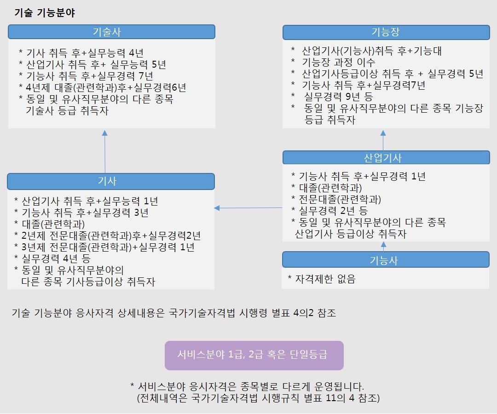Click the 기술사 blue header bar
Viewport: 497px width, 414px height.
click(x=111, y=32)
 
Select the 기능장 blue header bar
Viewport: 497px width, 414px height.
click(x=386, y=32)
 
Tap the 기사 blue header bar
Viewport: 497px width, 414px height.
click(x=111, y=181)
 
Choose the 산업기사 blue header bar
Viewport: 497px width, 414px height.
click(x=386, y=157)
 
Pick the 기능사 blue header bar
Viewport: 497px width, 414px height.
click(x=386, y=260)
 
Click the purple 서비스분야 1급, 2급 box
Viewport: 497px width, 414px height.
click(x=254, y=356)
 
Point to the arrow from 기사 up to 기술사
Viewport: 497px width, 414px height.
click(x=105, y=151)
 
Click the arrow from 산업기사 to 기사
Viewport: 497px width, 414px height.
click(x=248, y=208)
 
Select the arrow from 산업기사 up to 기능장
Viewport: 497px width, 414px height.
click(x=383, y=140)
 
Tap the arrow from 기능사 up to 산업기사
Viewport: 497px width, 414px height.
click(x=383, y=247)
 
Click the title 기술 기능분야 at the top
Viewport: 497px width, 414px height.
click(x=45, y=13)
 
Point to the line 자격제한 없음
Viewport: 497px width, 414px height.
click(x=322, y=279)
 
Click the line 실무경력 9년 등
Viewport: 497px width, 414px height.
click(x=332, y=96)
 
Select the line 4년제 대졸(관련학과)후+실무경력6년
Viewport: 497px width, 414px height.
click(x=103, y=87)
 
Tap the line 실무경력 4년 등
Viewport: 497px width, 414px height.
click(x=52, y=259)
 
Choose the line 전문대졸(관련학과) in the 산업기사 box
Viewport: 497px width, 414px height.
click(x=336, y=199)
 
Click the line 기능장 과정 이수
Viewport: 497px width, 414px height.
click(x=333, y=62)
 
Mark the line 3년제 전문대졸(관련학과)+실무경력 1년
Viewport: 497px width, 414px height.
click(x=104, y=247)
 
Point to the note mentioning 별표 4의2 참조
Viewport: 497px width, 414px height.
click(x=173, y=313)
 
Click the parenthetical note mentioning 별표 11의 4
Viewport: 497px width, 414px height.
click(x=258, y=398)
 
